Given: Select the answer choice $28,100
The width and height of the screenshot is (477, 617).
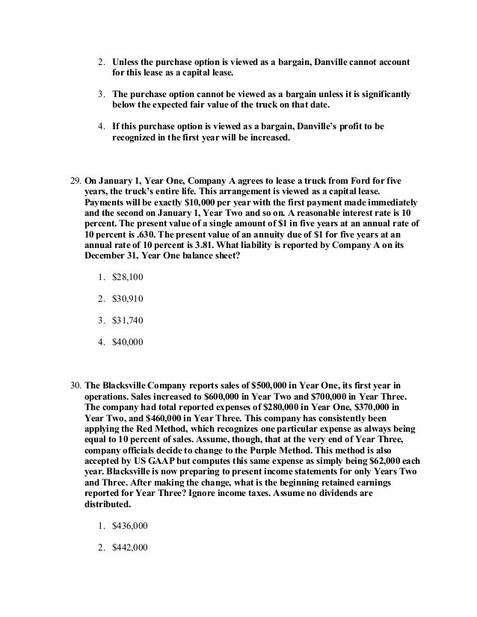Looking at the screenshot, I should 126,277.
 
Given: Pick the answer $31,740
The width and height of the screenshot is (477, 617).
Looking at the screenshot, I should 126,320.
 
